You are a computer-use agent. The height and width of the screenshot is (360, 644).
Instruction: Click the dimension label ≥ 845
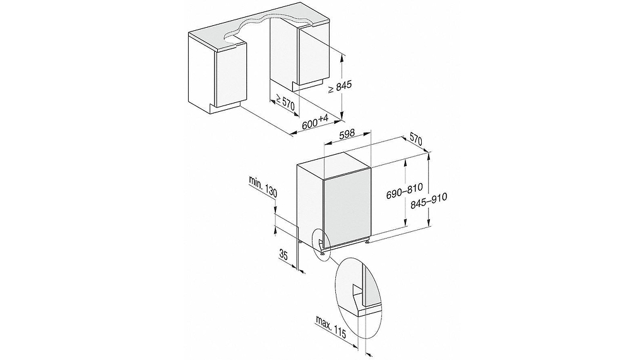[x=343, y=88]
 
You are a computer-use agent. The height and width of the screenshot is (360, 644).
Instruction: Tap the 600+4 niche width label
[x=315, y=121]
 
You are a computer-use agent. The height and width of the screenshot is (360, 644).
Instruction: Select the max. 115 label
[x=331, y=329]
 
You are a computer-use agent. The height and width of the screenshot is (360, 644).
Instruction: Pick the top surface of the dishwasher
[x=335, y=162]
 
